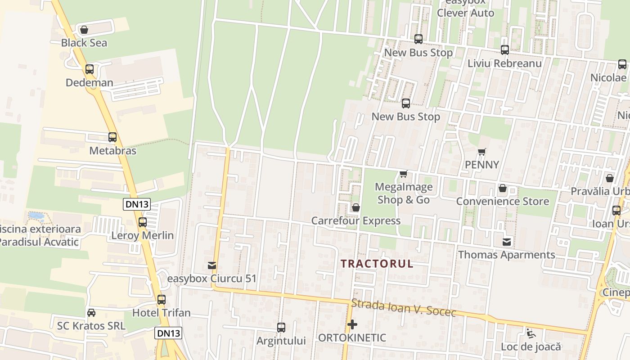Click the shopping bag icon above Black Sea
[84, 30]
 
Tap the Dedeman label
[90, 83]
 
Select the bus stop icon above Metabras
[112, 137]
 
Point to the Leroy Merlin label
[143, 235]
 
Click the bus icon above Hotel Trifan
[162, 299]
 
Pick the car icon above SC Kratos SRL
[91, 312]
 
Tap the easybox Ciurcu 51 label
[211, 279]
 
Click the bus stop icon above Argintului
[281, 328]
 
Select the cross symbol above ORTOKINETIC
[352, 324]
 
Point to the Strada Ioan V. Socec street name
[404, 308]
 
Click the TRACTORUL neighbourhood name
[377, 264]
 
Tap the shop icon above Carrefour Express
[356, 207]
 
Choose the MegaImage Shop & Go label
[404, 193]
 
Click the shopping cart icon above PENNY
[482, 152]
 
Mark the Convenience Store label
[503, 201]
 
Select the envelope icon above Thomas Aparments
[507, 242]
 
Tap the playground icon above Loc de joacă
[531, 333]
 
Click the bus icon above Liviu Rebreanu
[505, 50]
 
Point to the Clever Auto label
[466, 13]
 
